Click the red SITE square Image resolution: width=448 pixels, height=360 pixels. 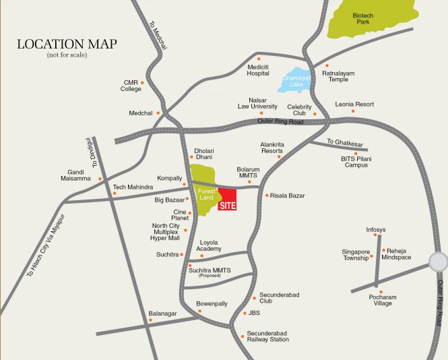pyautogui.click(x=227, y=200)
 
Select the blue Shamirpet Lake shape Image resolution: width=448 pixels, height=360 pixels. pyautogui.click(x=294, y=80)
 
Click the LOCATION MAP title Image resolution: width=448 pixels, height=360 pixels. pyautogui.click(x=67, y=44)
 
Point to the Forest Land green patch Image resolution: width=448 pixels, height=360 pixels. pyautogui.click(x=202, y=189)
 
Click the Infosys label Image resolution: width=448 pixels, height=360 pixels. pyautogui.click(x=376, y=230)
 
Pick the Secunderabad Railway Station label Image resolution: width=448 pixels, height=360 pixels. pyautogui.click(x=267, y=336)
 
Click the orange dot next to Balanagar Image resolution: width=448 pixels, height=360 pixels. pyautogui.click(x=150, y=320)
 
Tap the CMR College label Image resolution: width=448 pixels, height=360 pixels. pyautogui.click(x=131, y=85)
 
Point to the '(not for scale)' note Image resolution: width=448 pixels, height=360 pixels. pyautogui.click(x=67, y=55)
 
